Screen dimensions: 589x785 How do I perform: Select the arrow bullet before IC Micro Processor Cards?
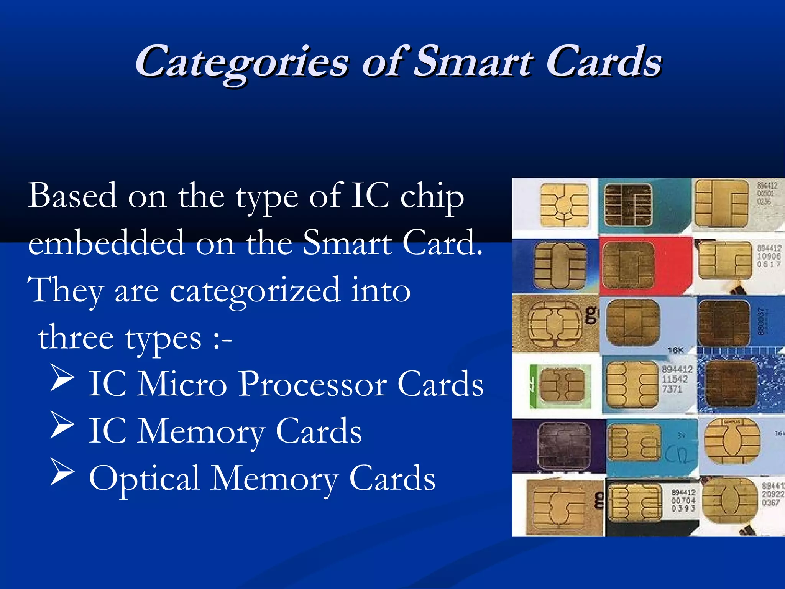62,378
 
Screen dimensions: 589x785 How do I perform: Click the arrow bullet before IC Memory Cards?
62,424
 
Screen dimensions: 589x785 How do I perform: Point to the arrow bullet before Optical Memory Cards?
62,472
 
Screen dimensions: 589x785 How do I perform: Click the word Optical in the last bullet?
144,479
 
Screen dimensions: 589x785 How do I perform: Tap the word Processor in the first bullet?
312,384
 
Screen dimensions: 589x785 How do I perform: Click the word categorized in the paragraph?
255,291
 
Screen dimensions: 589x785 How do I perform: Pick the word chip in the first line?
432,197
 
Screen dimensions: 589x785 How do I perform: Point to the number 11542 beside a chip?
675,379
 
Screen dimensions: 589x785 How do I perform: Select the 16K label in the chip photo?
675,350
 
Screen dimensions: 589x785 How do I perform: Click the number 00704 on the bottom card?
683,500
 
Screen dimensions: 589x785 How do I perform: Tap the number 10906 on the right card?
769,256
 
